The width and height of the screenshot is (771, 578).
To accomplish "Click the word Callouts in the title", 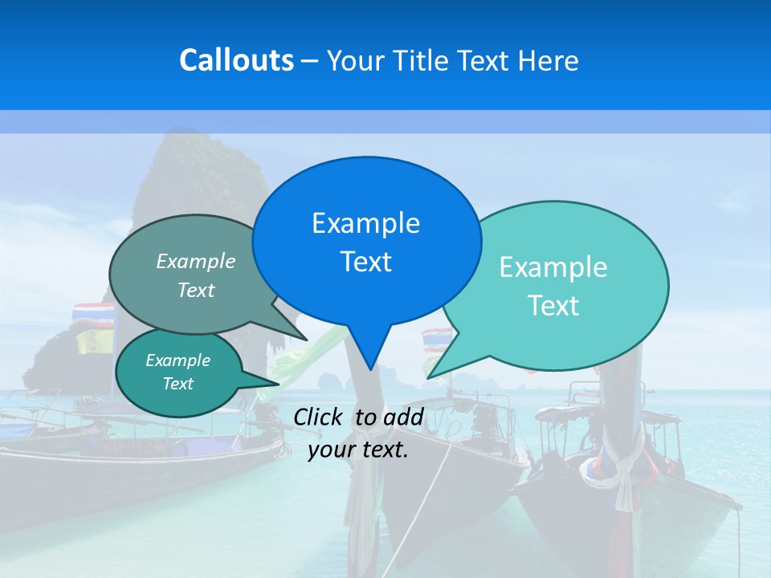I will click(236, 60).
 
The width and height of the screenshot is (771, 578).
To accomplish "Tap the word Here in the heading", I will click(549, 60).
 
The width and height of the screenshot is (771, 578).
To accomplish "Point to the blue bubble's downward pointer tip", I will click(369, 368).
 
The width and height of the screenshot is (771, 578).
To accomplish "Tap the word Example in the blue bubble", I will click(366, 223).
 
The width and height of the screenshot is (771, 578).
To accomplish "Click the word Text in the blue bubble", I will click(366, 262).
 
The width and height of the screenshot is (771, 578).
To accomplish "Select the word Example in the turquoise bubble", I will click(553, 267).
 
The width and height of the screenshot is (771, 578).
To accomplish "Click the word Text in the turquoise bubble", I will click(553, 306).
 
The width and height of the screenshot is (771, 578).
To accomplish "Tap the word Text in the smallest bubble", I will click(178, 384).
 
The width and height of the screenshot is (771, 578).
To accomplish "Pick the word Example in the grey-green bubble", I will click(196, 261).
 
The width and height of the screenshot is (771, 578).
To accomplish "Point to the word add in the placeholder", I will click(403, 417).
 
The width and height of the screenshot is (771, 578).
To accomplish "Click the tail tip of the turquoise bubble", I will click(427, 377).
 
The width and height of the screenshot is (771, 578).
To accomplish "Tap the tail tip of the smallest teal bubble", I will click(279, 384).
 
